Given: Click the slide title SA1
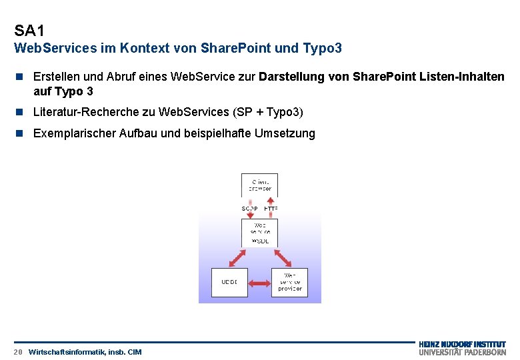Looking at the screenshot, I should [x=29, y=31].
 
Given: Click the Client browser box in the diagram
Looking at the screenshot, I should [x=260, y=185].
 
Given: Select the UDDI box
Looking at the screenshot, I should [x=229, y=282].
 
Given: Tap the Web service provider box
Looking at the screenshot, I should [x=289, y=282].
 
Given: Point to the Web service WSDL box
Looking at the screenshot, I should [x=260, y=233].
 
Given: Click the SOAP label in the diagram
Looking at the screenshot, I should [x=249, y=209].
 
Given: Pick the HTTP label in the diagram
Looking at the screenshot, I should [x=271, y=209].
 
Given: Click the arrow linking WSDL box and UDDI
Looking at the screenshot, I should [x=237, y=258].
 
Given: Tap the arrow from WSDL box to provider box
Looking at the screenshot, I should [x=281, y=258].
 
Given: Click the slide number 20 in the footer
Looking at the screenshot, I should [x=18, y=351].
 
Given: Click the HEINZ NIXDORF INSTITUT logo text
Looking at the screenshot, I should [x=462, y=344].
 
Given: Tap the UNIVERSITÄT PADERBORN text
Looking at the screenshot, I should [x=462, y=352].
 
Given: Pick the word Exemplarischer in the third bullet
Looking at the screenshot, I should [x=74, y=133].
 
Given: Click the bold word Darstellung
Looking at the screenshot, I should [x=291, y=77].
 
